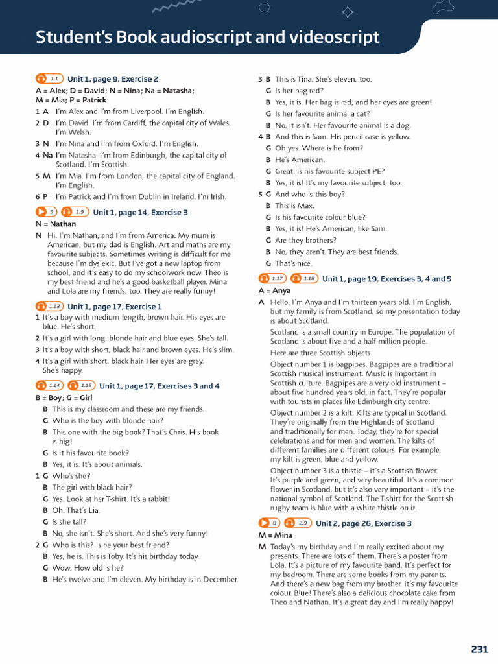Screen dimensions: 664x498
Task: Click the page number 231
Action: tap(479, 649)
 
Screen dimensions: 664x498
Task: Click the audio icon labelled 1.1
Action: tap(50, 78)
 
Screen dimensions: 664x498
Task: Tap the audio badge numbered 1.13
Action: tap(50, 306)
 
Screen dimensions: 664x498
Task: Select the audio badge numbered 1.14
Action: tap(50, 385)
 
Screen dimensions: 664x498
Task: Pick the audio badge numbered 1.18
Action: tap(304, 278)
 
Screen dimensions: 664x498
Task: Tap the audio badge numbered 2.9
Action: tap(298, 523)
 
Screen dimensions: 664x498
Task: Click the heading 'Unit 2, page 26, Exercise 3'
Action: tap(363, 523)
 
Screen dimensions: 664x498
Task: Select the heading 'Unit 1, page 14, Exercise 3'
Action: tap(140, 212)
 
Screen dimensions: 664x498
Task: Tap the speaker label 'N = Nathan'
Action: tap(56, 224)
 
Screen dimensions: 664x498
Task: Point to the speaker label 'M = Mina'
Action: tap(275, 535)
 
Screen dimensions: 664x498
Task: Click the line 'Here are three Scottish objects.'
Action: tap(321, 353)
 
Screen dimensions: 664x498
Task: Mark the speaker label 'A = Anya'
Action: tap(274, 290)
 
